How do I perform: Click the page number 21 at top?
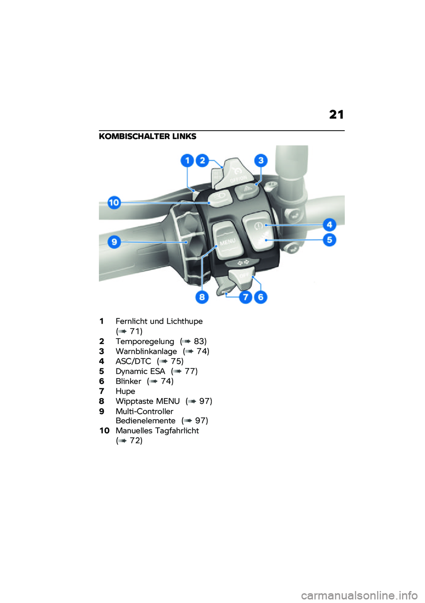point(336,115)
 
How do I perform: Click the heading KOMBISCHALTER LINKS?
point(147,136)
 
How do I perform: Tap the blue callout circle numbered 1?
point(187,160)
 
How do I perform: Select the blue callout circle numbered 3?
point(261,160)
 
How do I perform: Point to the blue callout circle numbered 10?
point(114,203)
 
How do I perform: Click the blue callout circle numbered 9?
point(114,242)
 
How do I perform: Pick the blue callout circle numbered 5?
point(329,240)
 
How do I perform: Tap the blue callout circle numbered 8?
point(202,297)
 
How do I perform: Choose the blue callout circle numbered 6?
point(260,297)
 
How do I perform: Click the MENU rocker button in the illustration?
point(228,242)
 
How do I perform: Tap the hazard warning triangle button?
point(247,189)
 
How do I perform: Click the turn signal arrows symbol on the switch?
point(243,263)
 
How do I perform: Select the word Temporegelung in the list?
point(145,341)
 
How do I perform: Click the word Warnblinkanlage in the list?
point(146,352)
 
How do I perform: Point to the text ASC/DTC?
point(133,361)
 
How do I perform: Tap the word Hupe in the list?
point(125,391)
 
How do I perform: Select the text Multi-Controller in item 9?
point(144,411)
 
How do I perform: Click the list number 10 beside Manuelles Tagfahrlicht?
point(104,431)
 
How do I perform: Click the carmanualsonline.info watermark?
point(359,595)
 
